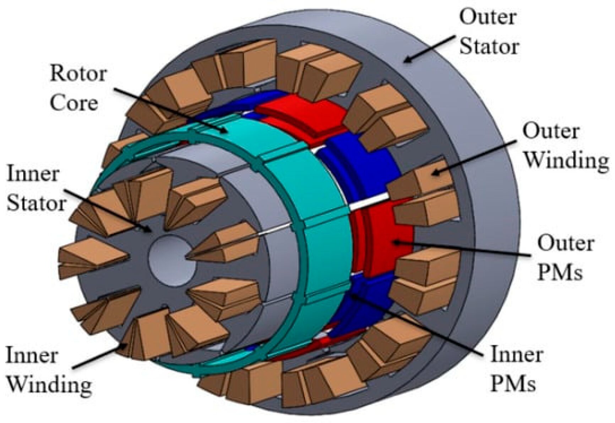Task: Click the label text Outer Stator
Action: click(489, 32)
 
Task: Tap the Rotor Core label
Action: click(78, 88)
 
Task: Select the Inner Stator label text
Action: click(36, 189)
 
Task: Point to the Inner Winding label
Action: click(48, 370)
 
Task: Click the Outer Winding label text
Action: click(565, 146)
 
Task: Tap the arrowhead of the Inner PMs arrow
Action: click(352, 295)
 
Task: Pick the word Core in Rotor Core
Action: click(74, 103)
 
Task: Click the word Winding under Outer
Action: click(566, 161)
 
